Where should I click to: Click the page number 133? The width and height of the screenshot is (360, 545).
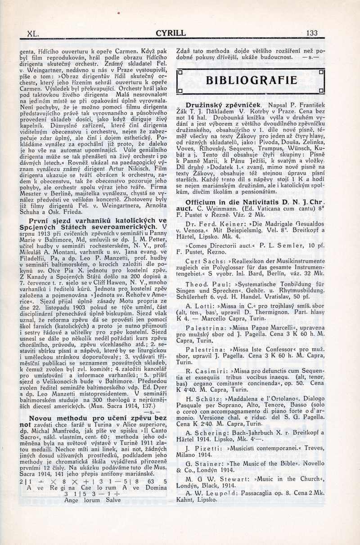pyautogui.click(x=311, y=33)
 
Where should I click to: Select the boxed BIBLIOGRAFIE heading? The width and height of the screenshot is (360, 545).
pyautogui.click(x=251, y=81)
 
